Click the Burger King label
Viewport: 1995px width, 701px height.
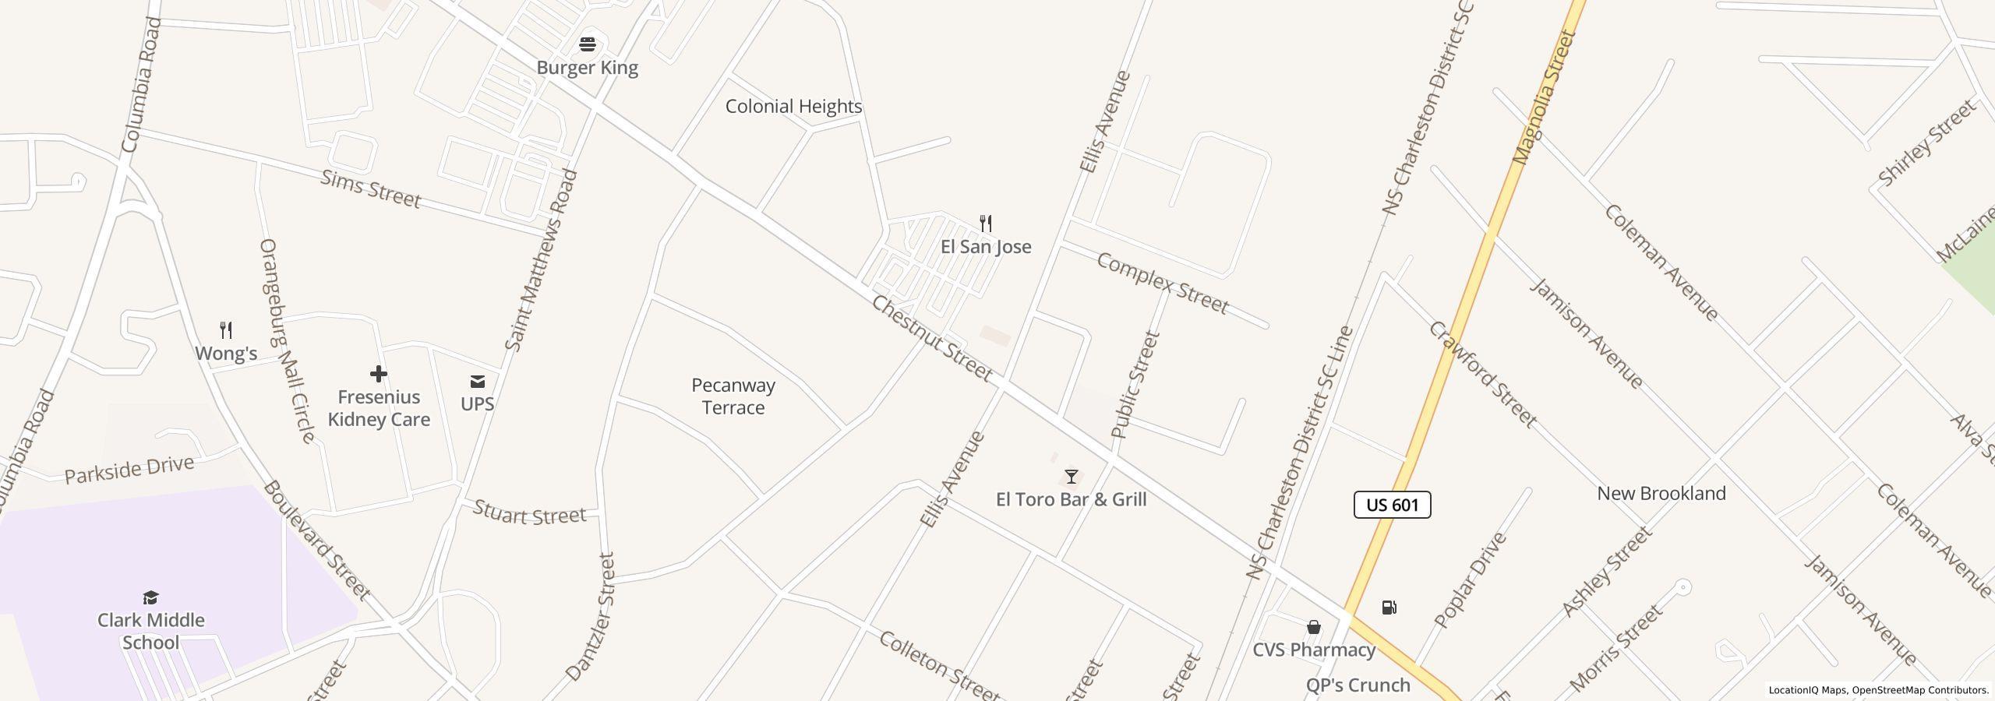pyautogui.click(x=587, y=68)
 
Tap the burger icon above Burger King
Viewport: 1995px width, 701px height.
pyautogui.click(x=588, y=44)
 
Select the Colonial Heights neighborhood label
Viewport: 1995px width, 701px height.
pyautogui.click(x=793, y=107)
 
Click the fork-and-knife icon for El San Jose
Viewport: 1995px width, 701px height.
pyautogui.click(x=986, y=224)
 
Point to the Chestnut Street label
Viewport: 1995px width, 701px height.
pyautogui.click(x=931, y=339)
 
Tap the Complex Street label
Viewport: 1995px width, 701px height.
pyautogui.click(x=1162, y=284)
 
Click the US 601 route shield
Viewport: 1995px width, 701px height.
pyautogui.click(x=1392, y=505)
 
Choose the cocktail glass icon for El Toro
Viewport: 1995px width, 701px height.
pyautogui.click(x=1072, y=476)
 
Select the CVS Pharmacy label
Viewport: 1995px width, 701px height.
pyautogui.click(x=1314, y=650)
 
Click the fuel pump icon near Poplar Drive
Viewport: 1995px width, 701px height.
pyautogui.click(x=1389, y=608)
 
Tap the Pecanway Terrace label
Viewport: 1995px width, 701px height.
pyautogui.click(x=733, y=396)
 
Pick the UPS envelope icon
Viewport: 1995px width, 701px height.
pyautogui.click(x=477, y=382)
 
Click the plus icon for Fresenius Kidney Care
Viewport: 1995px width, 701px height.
pyautogui.click(x=379, y=375)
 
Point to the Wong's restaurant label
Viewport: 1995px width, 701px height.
pyautogui.click(x=226, y=354)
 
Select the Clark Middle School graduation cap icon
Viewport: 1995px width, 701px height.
pyautogui.click(x=150, y=597)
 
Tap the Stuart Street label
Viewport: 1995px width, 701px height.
pyautogui.click(x=529, y=514)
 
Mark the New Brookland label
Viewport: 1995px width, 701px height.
pyautogui.click(x=1661, y=494)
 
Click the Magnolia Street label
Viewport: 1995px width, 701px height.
pyautogui.click(x=1545, y=97)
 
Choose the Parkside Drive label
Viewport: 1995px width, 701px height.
pyautogui.click(x=129, y=470)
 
